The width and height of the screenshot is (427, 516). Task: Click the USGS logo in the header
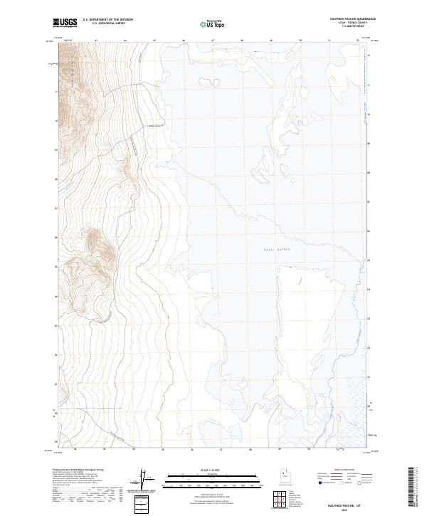coord(65,23)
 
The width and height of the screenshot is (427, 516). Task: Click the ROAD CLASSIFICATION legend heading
coord(344,470)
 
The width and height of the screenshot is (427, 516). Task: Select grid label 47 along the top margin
coord(213,41)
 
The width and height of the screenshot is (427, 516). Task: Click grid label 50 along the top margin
coord(300,41)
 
